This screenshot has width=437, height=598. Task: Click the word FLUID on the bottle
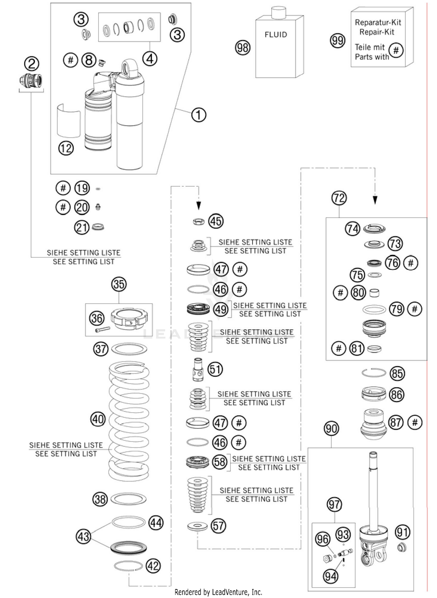point(276,35)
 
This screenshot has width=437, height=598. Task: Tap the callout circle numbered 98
point(242,48)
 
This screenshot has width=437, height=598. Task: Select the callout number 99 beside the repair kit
point(337,41)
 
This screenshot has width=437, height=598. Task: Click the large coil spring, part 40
point(129,420)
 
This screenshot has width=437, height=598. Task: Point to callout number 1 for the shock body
point(199,115)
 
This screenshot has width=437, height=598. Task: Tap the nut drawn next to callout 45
point(198,222)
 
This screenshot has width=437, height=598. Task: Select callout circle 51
point(215,369)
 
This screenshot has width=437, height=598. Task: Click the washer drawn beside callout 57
point(197,526)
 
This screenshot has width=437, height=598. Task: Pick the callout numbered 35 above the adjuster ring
point(119,284)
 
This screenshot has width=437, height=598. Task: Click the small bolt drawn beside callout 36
point(102,329)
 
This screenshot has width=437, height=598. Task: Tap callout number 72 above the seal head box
point(339,198)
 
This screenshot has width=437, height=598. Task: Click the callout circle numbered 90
point(331,429)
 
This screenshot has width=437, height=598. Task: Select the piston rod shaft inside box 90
point(373,490)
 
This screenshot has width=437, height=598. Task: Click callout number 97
point(334,504)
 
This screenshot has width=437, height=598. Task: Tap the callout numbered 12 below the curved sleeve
point(66,148)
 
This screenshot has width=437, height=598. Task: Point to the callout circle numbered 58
point(219,462)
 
